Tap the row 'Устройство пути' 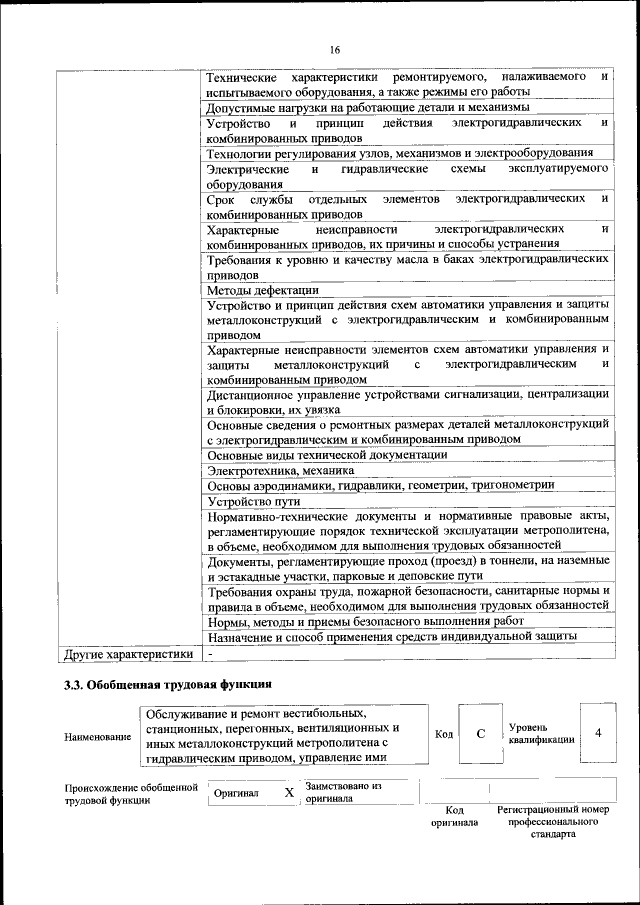(254, 500)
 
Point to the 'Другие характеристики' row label (127, 653)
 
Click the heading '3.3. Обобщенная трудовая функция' (167, 685)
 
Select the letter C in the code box (480, 734)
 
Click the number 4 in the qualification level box (598, 734)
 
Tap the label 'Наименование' (98, 736)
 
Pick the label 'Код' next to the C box (444, 735)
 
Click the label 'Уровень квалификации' (541, 733)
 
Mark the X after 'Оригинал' (289, 793)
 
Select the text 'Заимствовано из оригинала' (344, 792)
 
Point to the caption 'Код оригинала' (454, 815)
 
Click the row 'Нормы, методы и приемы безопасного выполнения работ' (353, 621)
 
